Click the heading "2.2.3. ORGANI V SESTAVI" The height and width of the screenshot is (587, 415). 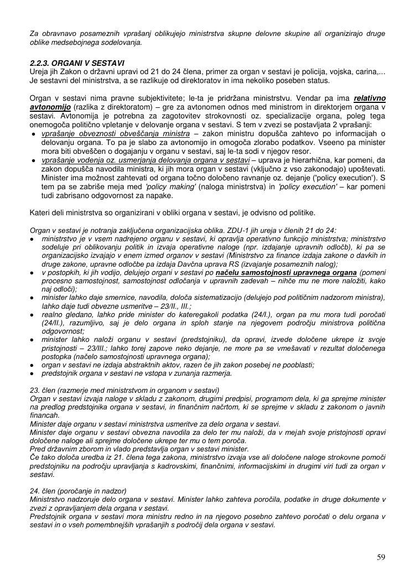[77, 64]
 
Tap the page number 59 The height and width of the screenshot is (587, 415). [381, 557]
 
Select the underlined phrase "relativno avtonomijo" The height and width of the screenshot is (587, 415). [370, 98]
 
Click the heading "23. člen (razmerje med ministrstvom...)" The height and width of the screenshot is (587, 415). [124, 390]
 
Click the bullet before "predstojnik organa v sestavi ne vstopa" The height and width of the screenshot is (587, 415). [34, 373]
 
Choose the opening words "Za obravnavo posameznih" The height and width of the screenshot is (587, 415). [73, 34]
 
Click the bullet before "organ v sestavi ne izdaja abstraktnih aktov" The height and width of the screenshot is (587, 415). [34, 365]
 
